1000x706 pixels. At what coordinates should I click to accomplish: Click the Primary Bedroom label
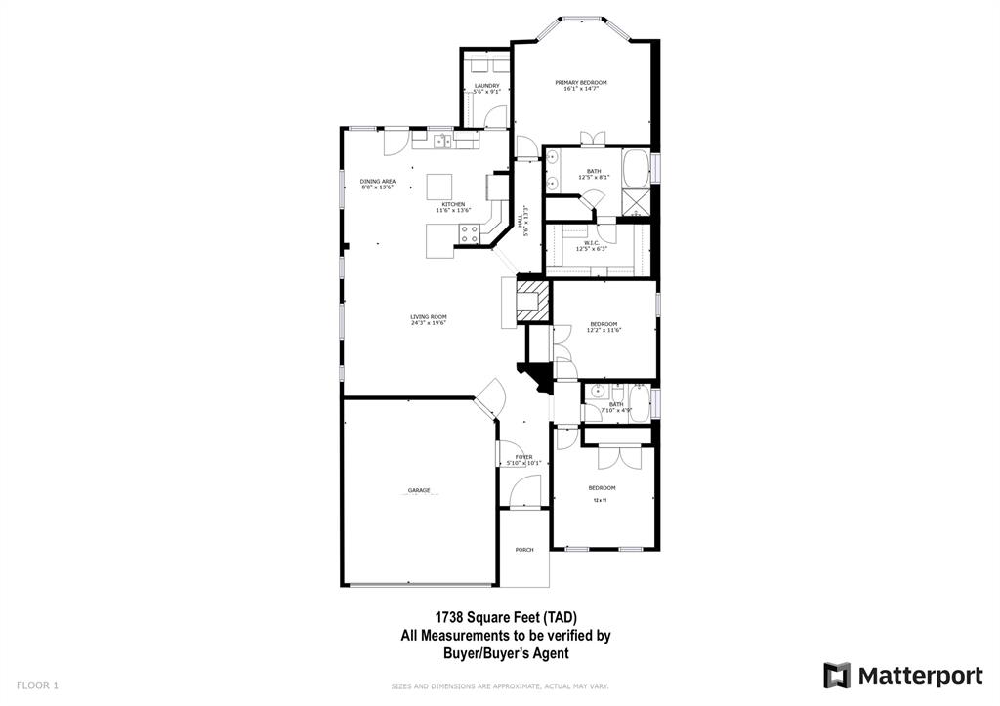581,83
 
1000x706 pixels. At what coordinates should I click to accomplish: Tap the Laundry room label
487,86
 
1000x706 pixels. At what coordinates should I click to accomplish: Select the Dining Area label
378,182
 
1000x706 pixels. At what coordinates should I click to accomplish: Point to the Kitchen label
453,204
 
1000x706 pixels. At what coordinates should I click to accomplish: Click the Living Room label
429,316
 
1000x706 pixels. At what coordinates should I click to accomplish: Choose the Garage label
419,489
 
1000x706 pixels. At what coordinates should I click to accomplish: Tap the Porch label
524,550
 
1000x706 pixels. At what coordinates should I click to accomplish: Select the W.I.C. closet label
592,243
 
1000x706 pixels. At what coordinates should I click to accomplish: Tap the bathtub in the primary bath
638,168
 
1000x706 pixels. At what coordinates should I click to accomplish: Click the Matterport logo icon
837,676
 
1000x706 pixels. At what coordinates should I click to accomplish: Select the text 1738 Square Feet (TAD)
506,617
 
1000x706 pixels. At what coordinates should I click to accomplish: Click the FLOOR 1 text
37,685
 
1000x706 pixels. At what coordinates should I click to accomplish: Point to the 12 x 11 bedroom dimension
601,500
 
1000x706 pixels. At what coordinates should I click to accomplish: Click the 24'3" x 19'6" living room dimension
429,323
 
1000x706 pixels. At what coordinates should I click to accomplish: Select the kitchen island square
440,186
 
